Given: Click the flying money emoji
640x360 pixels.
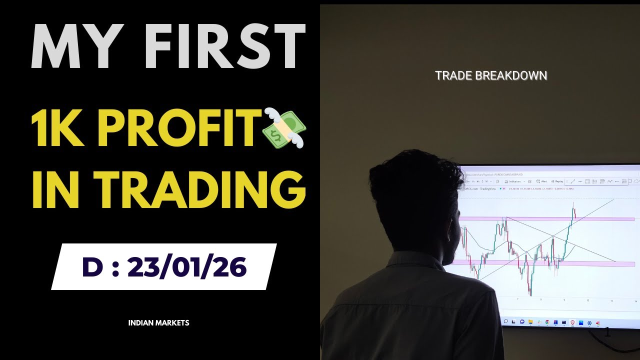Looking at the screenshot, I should coord(284,127).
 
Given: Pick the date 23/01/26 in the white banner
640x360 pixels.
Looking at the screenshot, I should coord(187,267).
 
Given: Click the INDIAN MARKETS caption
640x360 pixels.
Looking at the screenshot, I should coord(158,323).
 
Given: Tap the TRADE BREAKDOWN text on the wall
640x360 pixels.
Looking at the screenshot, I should coord(491,75).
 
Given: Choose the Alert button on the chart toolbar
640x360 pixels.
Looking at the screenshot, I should coord(542,181).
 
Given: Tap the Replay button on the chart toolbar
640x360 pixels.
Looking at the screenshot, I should coord(557,181).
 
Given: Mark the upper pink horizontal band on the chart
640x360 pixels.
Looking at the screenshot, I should coord(600,219).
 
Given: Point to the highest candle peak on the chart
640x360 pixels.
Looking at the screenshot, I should coord(573,202).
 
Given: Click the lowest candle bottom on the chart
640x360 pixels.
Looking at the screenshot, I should coord(530,295).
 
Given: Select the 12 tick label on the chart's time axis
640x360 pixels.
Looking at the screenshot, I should coord(588,300).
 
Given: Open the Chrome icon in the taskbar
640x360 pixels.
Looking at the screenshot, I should coord(547,322).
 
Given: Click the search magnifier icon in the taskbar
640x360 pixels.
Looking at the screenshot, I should coord(505,321).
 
